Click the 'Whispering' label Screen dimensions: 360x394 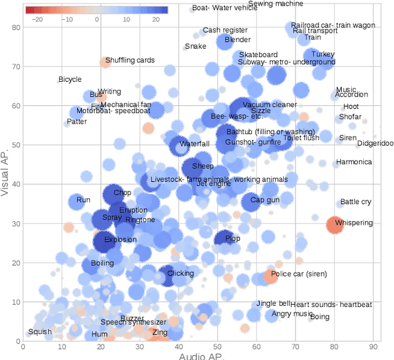pyautogui.click(x=353, y=222)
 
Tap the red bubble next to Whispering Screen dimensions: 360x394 pyautogui.click(x=334, y=225)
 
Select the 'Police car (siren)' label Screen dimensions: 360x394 pyautogui.click(x=299, y=274)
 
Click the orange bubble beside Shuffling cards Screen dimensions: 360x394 pyautogui.click(x=106, y=62)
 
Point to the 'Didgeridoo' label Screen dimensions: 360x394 pyautogui.click(x=374, y=143)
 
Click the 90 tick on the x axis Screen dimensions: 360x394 pyautogui.click(x=374, y=347)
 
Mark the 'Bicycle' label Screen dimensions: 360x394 pyautogui.click(x=70, y=79)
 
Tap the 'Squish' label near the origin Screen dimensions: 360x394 pyautogui.click(x=40, y=332)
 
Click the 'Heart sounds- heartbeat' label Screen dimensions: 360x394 pyautogui.click(x=331, y=305)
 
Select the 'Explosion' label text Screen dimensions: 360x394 pyautogui.click(x=120, y=240)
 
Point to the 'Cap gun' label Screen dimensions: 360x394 pyautogui.click(x=265, y=200)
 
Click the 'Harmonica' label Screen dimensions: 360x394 pyautogui.click(x=354, y=162)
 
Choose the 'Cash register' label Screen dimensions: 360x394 pyautogui.click(x=221, y=30)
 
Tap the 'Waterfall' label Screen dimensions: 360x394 pyautogui.click(x=195, y=144)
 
